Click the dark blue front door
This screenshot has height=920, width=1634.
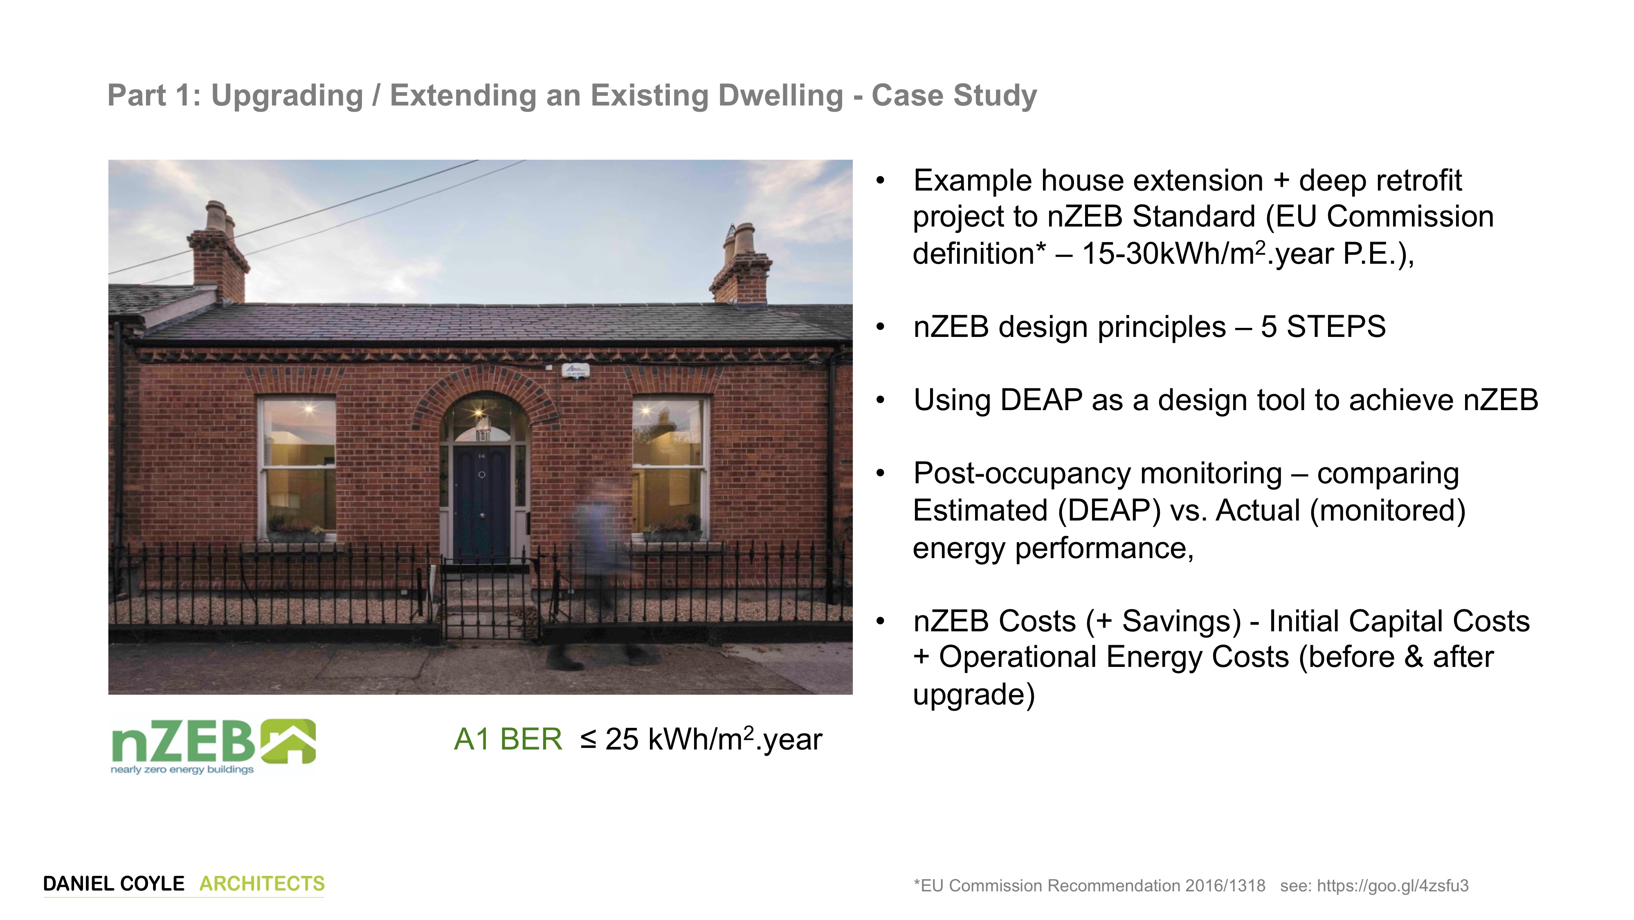(x=481, y=503)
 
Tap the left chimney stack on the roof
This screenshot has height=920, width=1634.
(x=218, y=254)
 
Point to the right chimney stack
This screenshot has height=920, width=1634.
(x=740, y=265)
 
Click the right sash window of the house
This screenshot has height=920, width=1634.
(x=670, y=467)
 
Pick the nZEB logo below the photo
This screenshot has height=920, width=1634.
(x=213, y=746)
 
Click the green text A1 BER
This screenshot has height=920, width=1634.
(x=508, y=739)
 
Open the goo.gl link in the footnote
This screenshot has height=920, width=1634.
(x=1392, y=886)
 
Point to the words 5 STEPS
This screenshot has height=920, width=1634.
(x=1323, y=327)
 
